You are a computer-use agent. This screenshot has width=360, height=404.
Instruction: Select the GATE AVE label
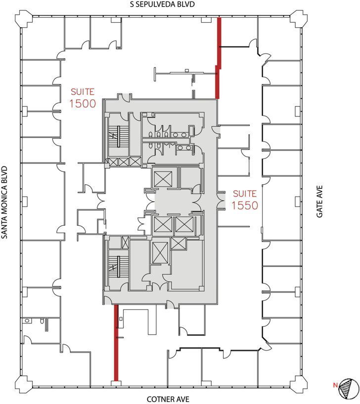click(320, 202)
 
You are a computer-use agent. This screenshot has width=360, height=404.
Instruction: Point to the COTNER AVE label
click(168, 399)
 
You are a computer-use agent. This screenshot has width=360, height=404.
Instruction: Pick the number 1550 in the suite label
click(246, 205)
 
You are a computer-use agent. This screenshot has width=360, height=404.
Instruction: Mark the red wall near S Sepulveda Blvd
click(218, 59)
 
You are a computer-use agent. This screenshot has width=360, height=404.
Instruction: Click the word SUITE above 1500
click(82, 92)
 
